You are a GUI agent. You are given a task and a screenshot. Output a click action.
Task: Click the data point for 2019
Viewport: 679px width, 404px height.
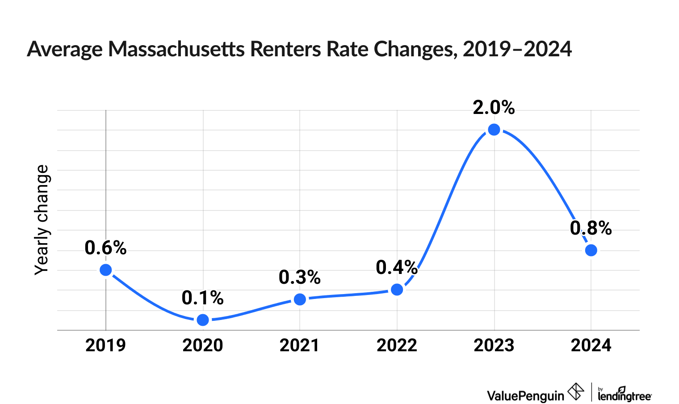(x=105, y=270)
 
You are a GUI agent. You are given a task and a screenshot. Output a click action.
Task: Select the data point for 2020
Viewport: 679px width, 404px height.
(x=203, y=320)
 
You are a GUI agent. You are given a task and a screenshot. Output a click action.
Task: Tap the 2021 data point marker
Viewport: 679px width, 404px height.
(x=300, y=299)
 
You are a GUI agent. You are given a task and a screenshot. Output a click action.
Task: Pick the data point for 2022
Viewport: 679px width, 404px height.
(x=397, y=290)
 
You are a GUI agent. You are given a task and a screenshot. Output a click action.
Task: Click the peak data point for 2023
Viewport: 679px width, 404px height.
(x=494, y=130)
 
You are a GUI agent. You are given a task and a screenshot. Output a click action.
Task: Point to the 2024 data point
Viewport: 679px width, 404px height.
(x=591, y=250)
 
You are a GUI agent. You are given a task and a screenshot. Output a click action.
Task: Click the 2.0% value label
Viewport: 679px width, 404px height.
(x=494, y=108)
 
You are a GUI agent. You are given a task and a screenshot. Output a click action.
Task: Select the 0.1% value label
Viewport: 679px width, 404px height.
(x=203, y=298)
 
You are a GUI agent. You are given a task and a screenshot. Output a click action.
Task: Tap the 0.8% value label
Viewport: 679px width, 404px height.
(x=591, y=228)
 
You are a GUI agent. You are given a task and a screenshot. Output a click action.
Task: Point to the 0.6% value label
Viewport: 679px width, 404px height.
(x=105, y=248)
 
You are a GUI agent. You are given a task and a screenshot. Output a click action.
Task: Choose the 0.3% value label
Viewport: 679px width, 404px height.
(x=300, y=278)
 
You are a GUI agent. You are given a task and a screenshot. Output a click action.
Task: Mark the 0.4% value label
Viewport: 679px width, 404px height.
(x=397, y=267)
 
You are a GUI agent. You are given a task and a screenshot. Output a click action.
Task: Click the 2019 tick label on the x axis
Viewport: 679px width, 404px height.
(x=105, y=345)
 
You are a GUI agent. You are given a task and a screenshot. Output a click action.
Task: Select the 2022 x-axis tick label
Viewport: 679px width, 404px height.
(x=397, y=345)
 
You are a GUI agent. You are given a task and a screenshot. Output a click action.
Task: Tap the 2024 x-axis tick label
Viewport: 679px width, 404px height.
(x=591, y=345)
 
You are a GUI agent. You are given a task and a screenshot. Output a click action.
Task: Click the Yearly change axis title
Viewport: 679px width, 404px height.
(x=42, y=220)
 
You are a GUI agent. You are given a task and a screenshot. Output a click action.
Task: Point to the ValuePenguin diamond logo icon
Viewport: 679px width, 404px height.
(x=575, y=392)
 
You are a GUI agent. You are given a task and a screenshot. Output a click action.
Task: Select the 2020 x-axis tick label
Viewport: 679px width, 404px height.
(x=203, y=345)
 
